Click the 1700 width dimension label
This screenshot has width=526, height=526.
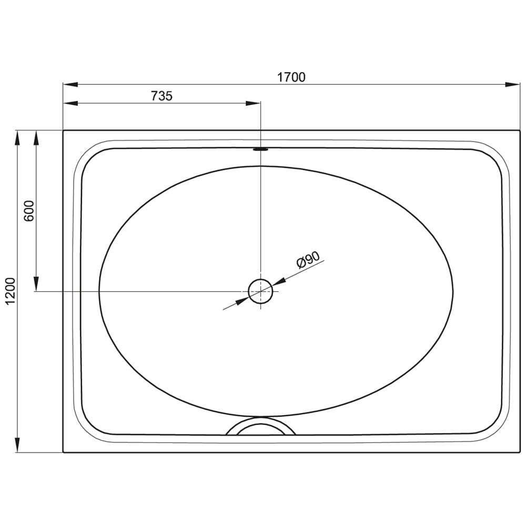coord(291,77)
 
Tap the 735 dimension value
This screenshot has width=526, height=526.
coord(161,96)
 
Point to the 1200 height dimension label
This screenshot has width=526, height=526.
coord(11,291)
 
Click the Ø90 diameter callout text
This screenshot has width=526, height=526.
coord(308,260)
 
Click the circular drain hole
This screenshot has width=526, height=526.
coord(260,291)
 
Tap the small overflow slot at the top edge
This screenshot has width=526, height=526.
coord(260,149)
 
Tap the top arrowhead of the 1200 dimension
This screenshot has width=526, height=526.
coord(17,138)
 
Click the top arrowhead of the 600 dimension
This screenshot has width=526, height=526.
coord(36,138)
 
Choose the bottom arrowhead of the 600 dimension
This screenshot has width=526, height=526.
coord(36,284)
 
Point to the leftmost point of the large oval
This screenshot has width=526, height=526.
coord(99,291)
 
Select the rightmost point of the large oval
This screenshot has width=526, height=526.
coord(453,291)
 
